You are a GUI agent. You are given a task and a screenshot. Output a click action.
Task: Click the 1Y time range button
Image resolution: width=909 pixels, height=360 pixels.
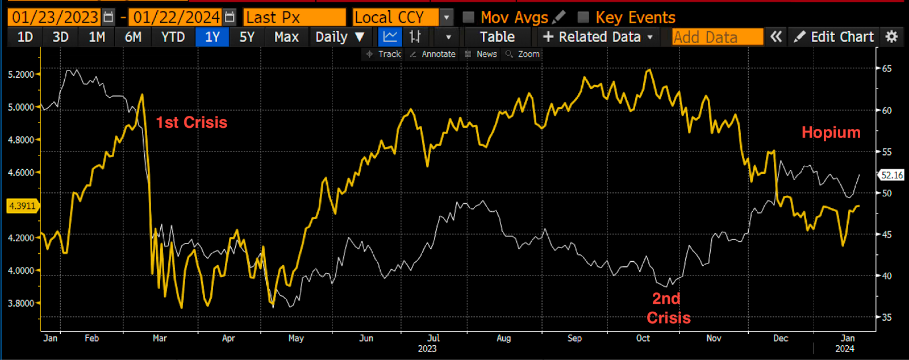212,37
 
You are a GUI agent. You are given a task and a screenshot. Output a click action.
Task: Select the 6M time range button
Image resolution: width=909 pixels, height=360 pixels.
133,37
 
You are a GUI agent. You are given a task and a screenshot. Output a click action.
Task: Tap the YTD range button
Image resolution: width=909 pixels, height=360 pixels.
173,37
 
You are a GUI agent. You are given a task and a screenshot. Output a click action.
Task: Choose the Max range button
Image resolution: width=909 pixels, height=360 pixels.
286,37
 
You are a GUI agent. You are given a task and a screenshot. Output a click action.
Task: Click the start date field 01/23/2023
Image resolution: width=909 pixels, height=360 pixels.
55,17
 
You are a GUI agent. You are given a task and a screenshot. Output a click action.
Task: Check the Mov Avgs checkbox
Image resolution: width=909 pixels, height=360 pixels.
469,17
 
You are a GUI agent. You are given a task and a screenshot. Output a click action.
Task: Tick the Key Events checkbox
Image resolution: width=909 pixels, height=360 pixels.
583,17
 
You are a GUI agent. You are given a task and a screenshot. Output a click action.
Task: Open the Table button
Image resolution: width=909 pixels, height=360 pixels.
497,37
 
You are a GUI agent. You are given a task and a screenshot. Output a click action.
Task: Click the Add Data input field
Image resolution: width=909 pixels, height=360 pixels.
717,37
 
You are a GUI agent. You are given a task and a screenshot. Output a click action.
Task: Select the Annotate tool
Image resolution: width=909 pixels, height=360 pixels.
433,54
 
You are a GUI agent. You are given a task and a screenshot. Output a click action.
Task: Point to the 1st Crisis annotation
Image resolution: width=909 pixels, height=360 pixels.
191,123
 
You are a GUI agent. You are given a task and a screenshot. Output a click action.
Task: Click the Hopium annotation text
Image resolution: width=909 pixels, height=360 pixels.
831,132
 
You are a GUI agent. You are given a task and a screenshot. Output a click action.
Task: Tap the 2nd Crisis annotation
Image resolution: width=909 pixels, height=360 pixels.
668,308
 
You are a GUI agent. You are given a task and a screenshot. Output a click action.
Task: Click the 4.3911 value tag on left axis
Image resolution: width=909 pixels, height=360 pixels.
22,206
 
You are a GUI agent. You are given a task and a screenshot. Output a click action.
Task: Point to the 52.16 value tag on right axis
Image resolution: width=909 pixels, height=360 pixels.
892,175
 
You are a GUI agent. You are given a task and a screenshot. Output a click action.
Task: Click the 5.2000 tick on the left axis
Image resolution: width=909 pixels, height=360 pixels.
20,74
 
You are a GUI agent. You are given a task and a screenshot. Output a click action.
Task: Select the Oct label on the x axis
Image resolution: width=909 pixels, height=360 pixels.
643,338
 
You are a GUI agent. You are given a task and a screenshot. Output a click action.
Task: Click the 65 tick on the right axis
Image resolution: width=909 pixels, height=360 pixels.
886,69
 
